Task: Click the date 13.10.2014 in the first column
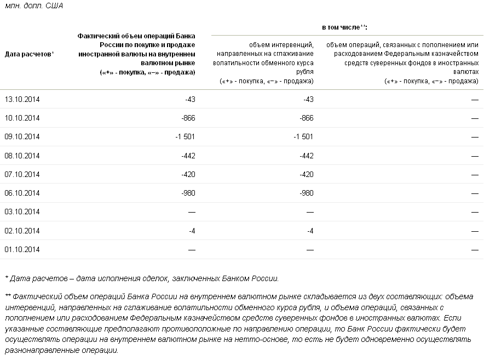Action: [22, 99]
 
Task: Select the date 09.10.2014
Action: [22, 137]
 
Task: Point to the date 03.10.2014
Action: [22, 212]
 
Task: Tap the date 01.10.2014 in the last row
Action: [22, 249]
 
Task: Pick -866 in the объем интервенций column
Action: [307, 118]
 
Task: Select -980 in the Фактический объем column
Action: [188, 193]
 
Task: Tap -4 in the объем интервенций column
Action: [310, 231]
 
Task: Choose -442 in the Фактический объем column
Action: [188, 156]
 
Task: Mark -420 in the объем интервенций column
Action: [307, 174]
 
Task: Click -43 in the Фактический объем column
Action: [190, 99]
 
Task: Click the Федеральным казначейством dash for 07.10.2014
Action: [474, 174]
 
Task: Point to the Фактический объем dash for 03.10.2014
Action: [192, 212]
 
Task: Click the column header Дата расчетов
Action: [28, 54]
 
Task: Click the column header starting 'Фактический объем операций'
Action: [136, 54]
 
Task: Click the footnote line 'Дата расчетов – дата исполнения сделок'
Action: [142, 278]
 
